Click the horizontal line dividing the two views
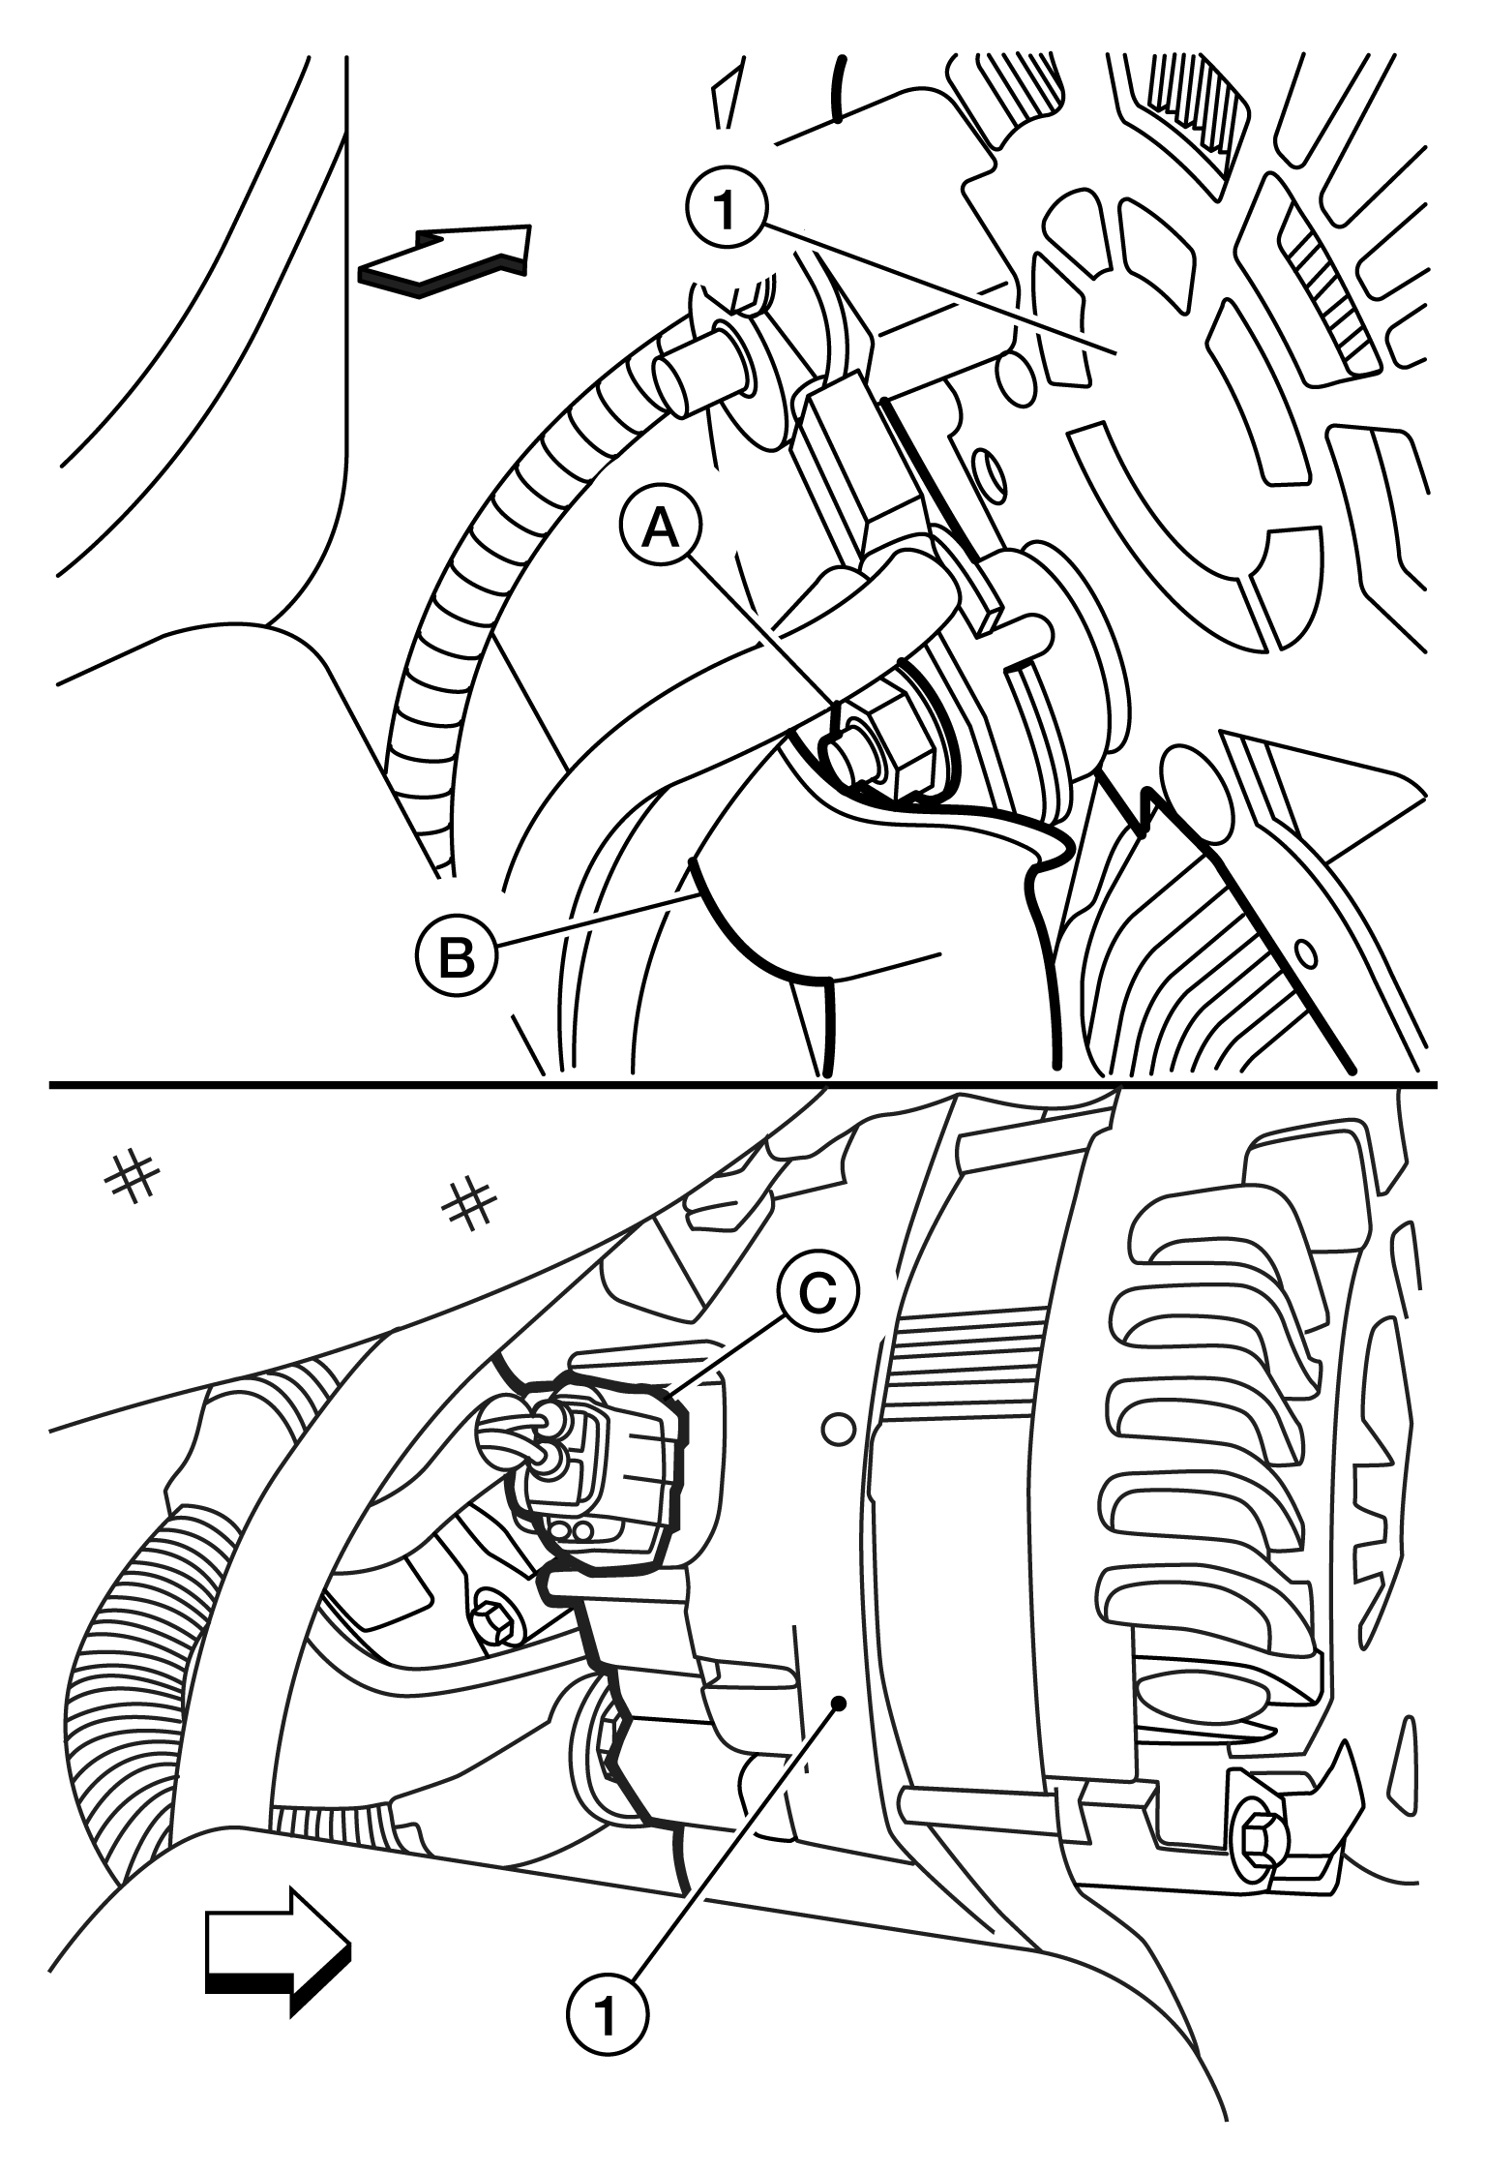743,1083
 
